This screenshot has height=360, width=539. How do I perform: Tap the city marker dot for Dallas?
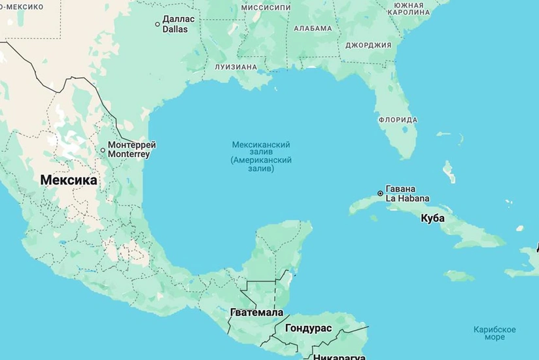(x=157, y=24)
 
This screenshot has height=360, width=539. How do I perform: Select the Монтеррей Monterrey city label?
(x=131, y=149)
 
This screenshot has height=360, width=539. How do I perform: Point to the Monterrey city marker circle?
(x=103, y=150)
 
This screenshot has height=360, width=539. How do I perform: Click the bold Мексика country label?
(x=69, y=179)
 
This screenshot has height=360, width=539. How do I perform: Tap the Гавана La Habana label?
(x=407, y=194)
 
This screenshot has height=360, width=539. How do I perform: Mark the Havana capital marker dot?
(x=380, y=193)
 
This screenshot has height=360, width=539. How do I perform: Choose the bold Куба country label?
(x=432, y=218)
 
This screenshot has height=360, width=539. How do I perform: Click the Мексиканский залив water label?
(x=262, y=156)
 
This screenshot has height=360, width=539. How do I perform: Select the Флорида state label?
(x=398, y=120)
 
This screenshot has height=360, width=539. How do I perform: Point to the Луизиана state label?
(x=235, y=67)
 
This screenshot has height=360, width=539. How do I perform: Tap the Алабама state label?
(x=313, y=29)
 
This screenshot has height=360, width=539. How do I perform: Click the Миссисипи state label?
(x=266, y=7)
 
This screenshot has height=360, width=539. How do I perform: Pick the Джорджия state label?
(x=368, y=45)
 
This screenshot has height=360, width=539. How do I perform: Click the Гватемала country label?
(x=257, y=312)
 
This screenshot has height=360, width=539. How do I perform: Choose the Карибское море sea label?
(x=495, y=333)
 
